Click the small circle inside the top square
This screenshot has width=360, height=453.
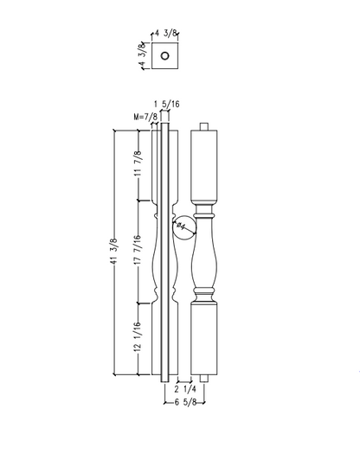[x=164, y=58]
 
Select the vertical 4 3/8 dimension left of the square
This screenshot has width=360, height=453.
[x=142, y=58]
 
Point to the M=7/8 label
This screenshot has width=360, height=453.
[x=145, y=116]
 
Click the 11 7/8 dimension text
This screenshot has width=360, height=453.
[x=137, y=164]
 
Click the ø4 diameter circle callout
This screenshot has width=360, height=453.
[x=183, y=227]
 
